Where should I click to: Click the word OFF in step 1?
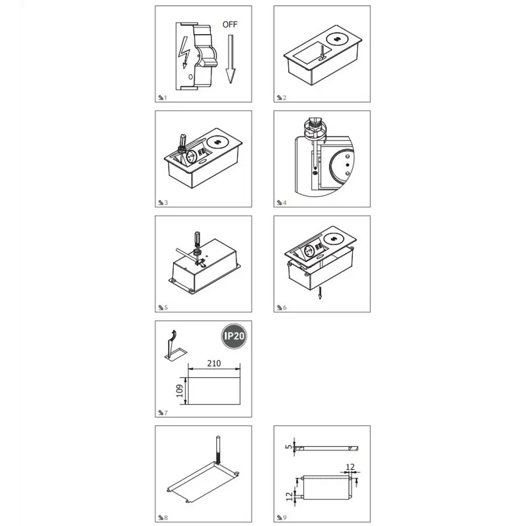point(230,25)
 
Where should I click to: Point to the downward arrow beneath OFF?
point(230,59)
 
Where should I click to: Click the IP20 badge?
point(234,336)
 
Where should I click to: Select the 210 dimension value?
point(214,363)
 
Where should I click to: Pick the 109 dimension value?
point(180,391)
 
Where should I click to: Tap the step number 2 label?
point(285,98)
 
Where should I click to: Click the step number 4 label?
point(285,203)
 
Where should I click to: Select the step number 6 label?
point(285,308)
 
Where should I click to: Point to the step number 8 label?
point(166,518)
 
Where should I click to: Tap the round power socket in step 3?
point(189,156)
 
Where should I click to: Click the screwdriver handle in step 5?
point(197,239)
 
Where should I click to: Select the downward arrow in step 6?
point(320,292)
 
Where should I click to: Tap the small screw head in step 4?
point(315,173)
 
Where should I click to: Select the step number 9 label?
point(285,518)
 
